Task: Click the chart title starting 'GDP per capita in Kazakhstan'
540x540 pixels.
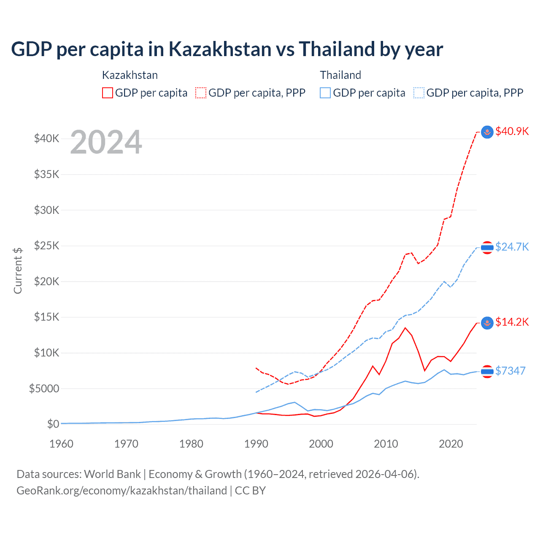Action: pyautogui.click(x=227, y=49)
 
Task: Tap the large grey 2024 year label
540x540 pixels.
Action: pyautogui.click(x=106, y=142)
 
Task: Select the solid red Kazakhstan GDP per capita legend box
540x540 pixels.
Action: pyautogui.click(x=108, y=93)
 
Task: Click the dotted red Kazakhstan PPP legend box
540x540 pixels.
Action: pyautogui.click(x=201, y=93)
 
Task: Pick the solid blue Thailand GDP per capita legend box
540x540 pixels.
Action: pyautogui.click(x=325, y=93)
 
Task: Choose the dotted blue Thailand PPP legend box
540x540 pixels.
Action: pyautogui.click(x=419, y=93)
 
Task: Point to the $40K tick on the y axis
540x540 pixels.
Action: pyautogui.click(x=46, y=138)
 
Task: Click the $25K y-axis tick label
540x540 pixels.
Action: pyautogui.click(x=46, y=246)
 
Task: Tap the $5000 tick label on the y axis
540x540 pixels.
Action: pyautogui.click(x=44, y=389)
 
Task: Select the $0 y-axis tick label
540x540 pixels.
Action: pyautogui.click(x=53, y=424)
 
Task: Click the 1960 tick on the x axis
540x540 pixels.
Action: pyautogui.click(x=62, y=444)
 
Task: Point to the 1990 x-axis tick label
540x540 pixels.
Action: pyautogui.click(x=256, y=444)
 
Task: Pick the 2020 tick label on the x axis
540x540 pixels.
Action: pyautogui.click(x=451, y=444)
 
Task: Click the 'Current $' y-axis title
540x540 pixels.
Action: pyautogui.click(x=18, y=270)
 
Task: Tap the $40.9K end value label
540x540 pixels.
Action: pyautogui.click(x=512, y=131)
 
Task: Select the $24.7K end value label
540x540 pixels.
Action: pyautogui.click(x=512, y=247)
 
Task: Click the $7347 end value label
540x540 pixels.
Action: pyautogui.click(x=510, y=371)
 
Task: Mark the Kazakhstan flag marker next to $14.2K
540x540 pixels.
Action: pyautogui.click(x=487, y=323)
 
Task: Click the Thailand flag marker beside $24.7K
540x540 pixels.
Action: pyautogui.click(x=487, y=248)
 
